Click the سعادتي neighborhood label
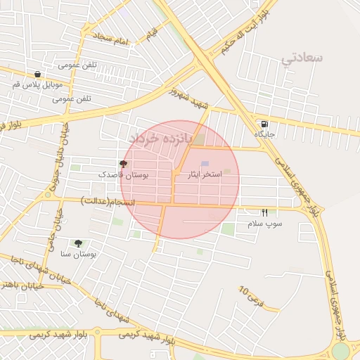(302, 58)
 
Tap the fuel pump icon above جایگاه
(264, 123)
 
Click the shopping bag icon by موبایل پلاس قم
(37, 74)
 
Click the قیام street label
(153, 32)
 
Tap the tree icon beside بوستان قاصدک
(124, 163)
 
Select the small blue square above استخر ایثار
(205, 163)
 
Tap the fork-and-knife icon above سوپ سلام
(264, 212)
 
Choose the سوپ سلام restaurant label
(264, 223)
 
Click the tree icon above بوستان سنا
(77, 243)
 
